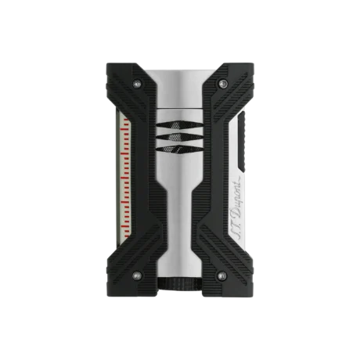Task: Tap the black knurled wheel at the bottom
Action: click(x=180, y=286)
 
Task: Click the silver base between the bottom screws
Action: click(x=180, y=266)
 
